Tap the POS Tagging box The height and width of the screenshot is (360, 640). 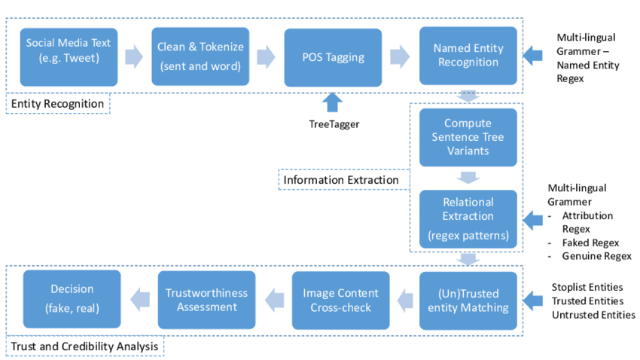coord(334,56)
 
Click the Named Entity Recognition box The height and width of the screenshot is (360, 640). coord(468,56)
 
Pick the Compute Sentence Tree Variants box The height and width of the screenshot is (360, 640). coord(468,137)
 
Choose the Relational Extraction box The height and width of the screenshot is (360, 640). coord(468,219)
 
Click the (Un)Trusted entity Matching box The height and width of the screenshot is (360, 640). coord(468,300)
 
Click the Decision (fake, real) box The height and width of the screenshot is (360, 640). coord(72,299)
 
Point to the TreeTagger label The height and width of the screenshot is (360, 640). coord(334,124)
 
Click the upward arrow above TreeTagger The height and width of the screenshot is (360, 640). coord(334,102)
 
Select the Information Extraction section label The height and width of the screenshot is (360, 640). coord(341,180)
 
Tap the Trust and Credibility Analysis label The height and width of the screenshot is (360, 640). coord(85,346)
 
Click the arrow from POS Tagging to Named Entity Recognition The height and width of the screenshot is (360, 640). coord(400,56)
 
